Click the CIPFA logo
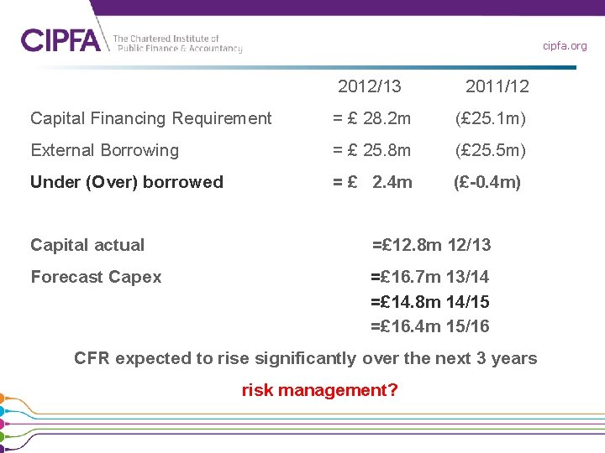[60, 39]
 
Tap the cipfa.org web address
[565, 46]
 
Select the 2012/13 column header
[370, 86]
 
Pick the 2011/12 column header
[497, 86]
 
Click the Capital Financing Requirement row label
[151, 118]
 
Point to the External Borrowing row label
[105, 150]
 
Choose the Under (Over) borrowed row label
[127, 182]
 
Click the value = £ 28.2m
[371, 118]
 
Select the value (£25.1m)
[491, 118]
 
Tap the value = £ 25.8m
[371, 150]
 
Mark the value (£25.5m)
[491, 150]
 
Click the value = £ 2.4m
[371, 182]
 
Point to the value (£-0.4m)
[487, 182]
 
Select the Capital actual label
[87, 245]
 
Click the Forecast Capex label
[96, 277]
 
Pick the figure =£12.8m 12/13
[431, 245]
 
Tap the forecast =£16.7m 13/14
[430, 277]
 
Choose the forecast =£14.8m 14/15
[430, 302]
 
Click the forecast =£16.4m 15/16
[430, 326]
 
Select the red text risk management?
[319, 390]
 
